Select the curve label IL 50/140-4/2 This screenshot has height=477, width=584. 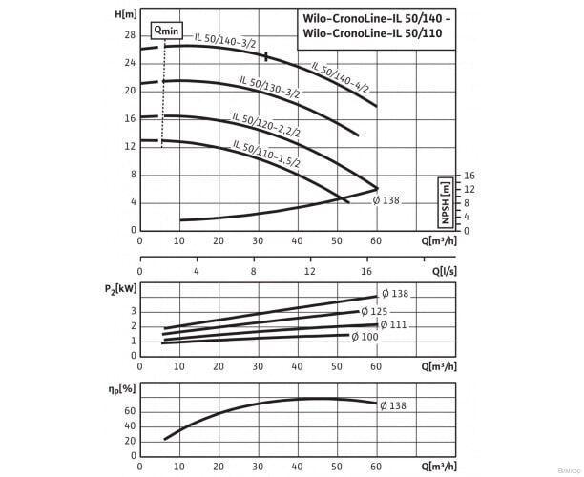(x=340, y=75)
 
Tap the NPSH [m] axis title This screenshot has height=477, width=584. (x=445, y=202)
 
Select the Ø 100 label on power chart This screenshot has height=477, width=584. (x=365, y=337)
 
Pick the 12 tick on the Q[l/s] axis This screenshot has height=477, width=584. (x=309, y=271)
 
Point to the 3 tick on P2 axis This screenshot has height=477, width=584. (x=132, y=311)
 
